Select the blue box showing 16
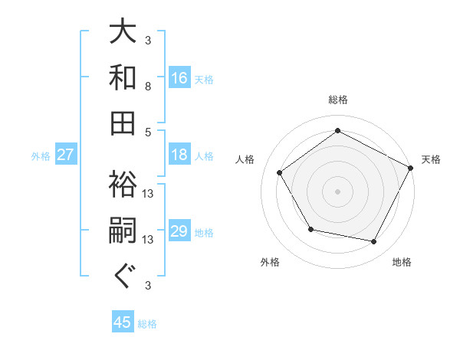pos(179,78)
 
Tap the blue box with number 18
pos(179,155)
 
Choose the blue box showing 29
pos(179,231)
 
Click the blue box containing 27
pos(66,155)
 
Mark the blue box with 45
pos(123,322)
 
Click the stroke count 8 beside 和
pos(147,87)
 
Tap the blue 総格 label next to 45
pos(147,324)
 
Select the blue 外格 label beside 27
pos(41,156)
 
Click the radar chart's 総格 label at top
pos(337,100)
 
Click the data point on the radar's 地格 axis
pos(374,242)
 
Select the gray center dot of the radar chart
pos(337,191)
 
